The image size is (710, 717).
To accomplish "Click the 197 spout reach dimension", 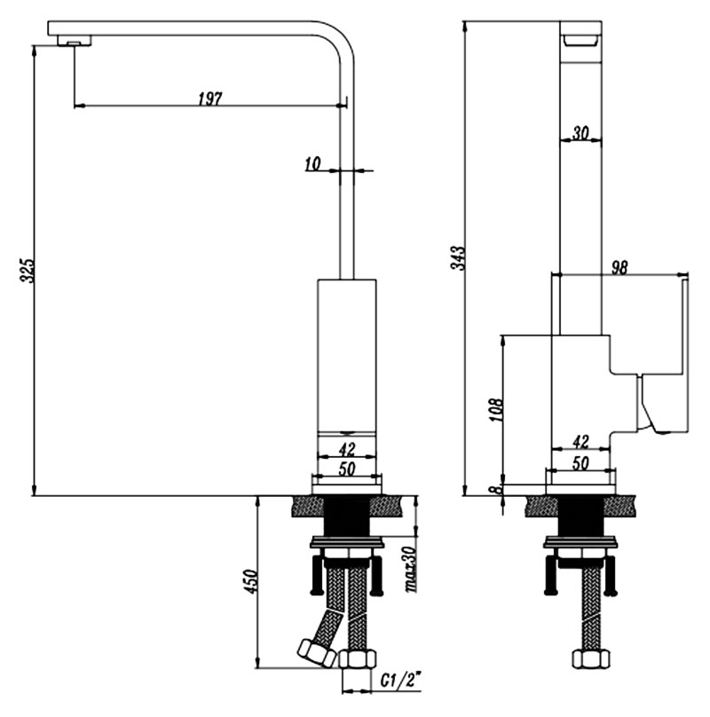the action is pyautogui.click(x=210, y=98).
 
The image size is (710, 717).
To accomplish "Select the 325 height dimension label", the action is pyautogui.click(x=27, y=271).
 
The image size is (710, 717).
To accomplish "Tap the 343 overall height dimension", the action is pyautogui.click(x=458, y=258).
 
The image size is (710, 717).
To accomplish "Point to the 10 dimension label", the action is pyautogui.click(x=313, y=163).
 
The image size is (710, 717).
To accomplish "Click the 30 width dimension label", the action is pyautogui.click(x=580, y=133).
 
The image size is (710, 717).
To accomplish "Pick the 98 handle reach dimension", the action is pyautogui.click(x=619, y=267).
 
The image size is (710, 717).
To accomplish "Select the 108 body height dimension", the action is pyautogui.click(x=496, y=410).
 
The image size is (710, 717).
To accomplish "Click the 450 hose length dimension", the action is pyautogui.click(x=251, y=581).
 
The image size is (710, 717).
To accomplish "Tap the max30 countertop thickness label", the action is pyautogui.click(x=412, y=570).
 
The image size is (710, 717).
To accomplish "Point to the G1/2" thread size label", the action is pyautogui.click(x=400, y=682).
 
